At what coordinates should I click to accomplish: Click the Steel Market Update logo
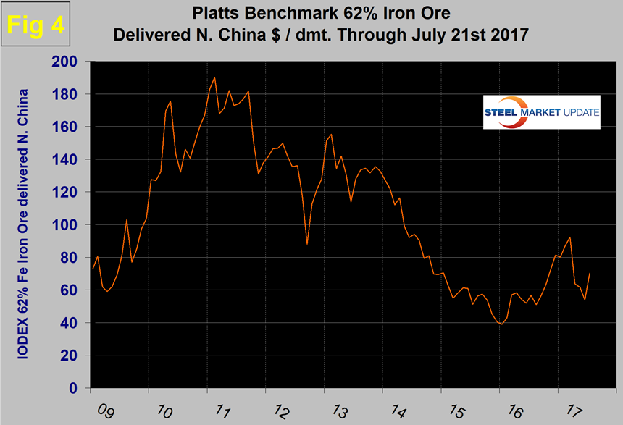[x=542, y=113]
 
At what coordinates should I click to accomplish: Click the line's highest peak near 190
[x=215, y=77]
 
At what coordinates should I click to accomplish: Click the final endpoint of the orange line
[x=590, y=273]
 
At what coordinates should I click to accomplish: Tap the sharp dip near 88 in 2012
[x=307, y=244]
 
